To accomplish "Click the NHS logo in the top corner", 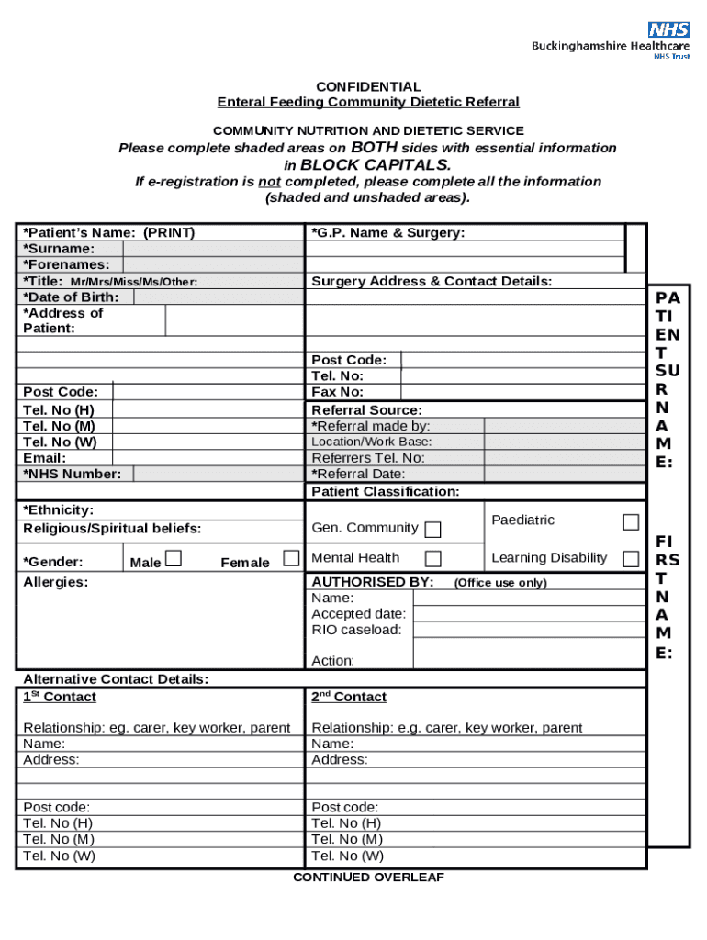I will tap(668, 29).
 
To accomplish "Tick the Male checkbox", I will tap(173, 559).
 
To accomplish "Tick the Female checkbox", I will tap(291, 558).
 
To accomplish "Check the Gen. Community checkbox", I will tap(432, 530).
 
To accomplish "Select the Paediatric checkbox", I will tap(631, 522).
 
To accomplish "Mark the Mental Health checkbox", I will tap(432, 559).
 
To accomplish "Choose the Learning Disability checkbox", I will tap(631, 559).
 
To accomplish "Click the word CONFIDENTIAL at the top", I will tap(367, 86).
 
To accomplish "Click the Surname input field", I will tap(212, 249).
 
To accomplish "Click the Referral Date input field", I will tap(564, 475).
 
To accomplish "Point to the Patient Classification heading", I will tap(386, 492).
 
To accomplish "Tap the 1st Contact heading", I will tap(59, 698).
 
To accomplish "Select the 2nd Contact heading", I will tap(349, 698).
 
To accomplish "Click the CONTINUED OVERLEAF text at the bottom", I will tap(368, 878).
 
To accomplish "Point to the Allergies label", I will tap(55, 583).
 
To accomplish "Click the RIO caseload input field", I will tap(529, 630).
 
